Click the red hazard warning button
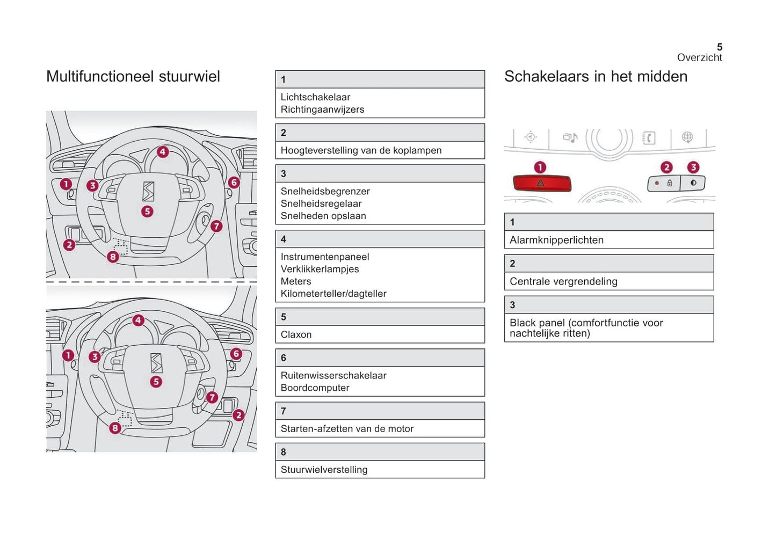(x=541, y=183)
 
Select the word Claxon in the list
(x=296, y=334)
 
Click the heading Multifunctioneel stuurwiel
(x=133, y=76)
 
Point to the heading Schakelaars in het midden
(x=596, y=76)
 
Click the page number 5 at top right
(x=719, y=47)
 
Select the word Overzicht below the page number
(x=699, y=57)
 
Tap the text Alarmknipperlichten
(x=556, y=240)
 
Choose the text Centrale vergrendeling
(x=563, y=281)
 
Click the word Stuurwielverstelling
(x=324, y=470)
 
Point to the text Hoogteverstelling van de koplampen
(x=361, y=150)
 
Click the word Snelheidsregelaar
(x=321, y=203)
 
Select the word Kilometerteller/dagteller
(x=333, y=294)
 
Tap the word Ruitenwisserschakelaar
(x=333, y=375)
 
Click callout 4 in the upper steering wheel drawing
(x=163, y=152)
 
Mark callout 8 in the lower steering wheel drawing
(x=115, y=428)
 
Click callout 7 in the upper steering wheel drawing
(x=216, y=226)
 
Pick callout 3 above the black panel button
(x=693, y=167)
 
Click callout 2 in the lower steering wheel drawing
(x=238, y=415)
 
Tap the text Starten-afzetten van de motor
(x=347, y=428)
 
